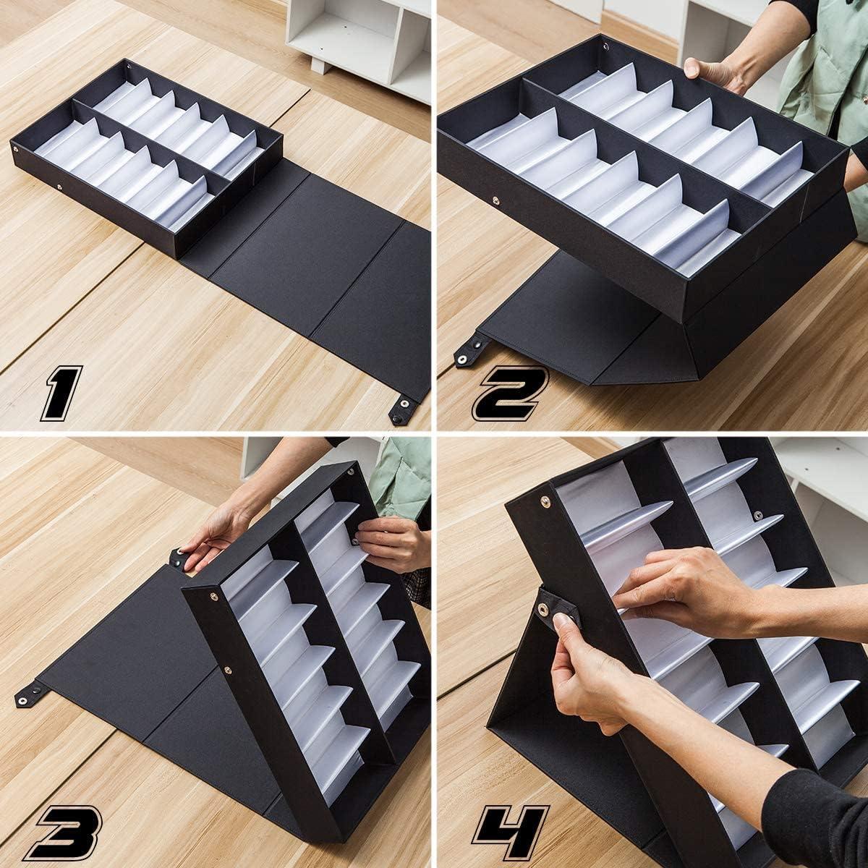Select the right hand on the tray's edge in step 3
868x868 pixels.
point(391,539)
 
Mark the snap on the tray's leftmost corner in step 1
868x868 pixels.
point(17,149)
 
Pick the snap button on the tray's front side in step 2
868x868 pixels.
point(495,200)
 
